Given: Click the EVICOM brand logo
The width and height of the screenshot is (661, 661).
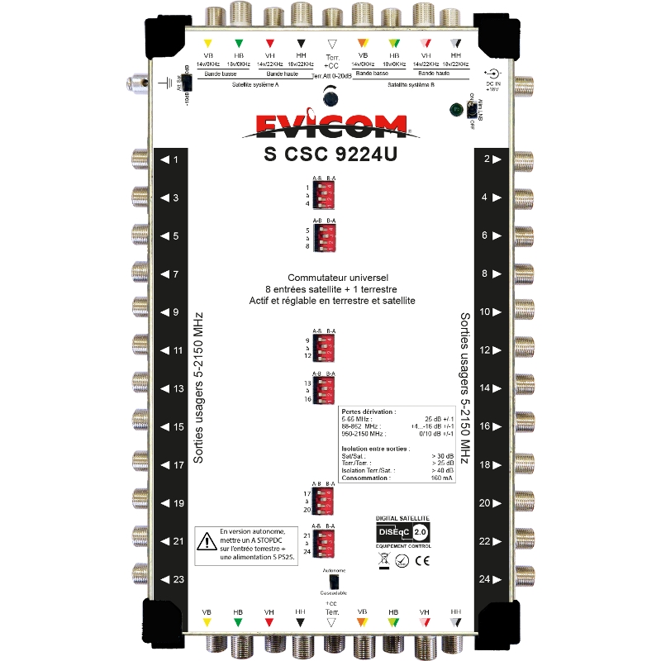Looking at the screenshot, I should (331, 127).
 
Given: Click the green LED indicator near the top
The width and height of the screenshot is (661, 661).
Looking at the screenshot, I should (454, 110).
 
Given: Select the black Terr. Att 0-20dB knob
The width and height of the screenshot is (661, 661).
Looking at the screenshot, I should (331, 98).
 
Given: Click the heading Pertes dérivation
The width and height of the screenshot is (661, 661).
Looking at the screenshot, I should (369, 411).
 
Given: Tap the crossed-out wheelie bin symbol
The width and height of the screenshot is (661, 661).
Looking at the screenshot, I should (385, 560).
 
